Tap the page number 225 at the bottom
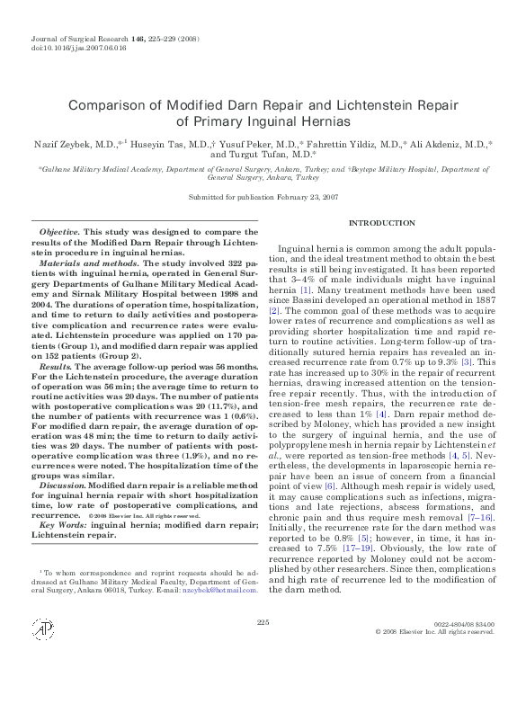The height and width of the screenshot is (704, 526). (x=263, y=646)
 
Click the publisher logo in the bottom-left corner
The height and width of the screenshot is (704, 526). (x=40, y=654)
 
